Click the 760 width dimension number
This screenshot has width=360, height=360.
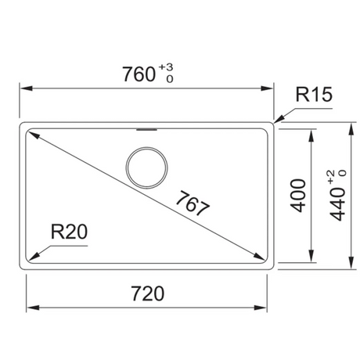[139, 74]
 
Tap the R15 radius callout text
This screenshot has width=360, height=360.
[314, 94]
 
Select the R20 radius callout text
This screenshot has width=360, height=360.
[69, 232]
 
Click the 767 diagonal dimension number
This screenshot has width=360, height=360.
[193, 203]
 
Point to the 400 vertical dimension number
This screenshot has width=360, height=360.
[298, 196]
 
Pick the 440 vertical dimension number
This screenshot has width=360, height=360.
[337, 204]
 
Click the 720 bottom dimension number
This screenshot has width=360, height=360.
[148, 293]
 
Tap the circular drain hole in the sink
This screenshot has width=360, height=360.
[146, 167]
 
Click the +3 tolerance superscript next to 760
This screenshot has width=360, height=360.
[166, 67]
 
